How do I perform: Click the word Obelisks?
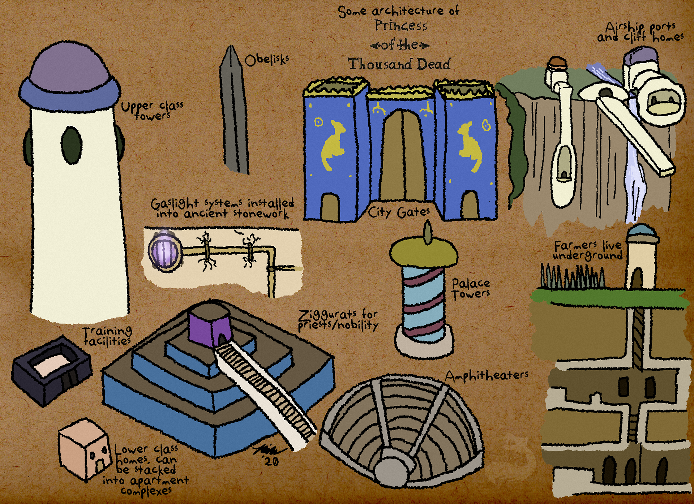tap(267, 60)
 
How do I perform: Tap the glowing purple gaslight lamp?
tap(164, 251)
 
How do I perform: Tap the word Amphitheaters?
tap(487, 376)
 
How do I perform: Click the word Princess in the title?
tap(400, 26)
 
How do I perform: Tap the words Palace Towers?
tap(471, 289)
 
